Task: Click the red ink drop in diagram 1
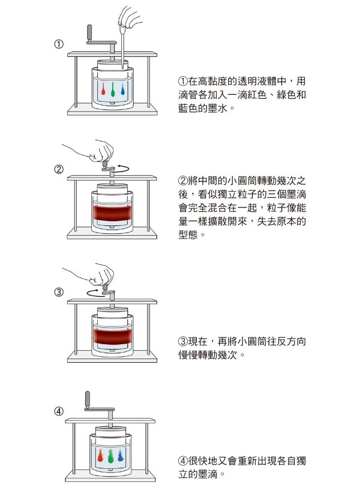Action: (x=103, y=89)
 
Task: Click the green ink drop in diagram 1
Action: (x=113, y=89)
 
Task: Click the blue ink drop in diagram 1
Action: (x=122, y=89)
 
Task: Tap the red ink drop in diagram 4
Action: (x=100, y=456)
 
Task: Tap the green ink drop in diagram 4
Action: (x=110, y=456)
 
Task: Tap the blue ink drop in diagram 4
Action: (x=121, y=456)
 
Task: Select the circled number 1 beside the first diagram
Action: (x=59, y=44)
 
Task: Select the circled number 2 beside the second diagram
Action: (x=59, y=170)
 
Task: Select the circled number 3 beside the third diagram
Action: (x=59, y=292)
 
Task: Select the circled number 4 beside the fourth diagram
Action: (x=59, y=411)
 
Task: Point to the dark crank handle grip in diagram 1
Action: (x=89, y=32)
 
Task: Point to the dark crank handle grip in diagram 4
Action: (x=88, y=399)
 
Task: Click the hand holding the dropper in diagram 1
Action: (x=129, y=17)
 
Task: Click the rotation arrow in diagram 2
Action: (x=122, y=168)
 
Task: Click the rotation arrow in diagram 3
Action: (x=94, y=293)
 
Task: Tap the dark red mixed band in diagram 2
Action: (x=112, y=213)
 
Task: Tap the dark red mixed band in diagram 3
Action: (x=112, y=336)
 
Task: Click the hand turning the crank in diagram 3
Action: (x=94, y=275)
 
